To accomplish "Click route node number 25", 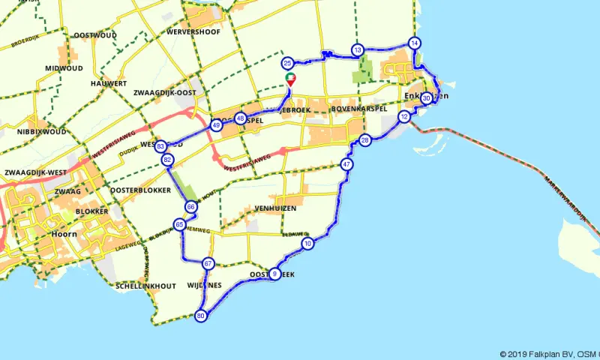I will click(287, 64).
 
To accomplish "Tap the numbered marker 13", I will click(357, 50).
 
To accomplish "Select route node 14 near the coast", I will click(414, 42).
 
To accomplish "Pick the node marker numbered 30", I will click(426, 97).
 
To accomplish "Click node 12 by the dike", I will click(404, 116).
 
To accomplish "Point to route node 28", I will click(365, 140).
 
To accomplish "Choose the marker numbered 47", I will click(346, 164).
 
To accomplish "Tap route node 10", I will click(307, 244).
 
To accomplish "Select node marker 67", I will click(208, 263).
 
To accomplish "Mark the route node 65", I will click(179, 224).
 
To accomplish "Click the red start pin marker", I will click(289, 79).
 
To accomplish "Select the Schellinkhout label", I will click(145, 286).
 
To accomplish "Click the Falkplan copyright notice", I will click(549, 354).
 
